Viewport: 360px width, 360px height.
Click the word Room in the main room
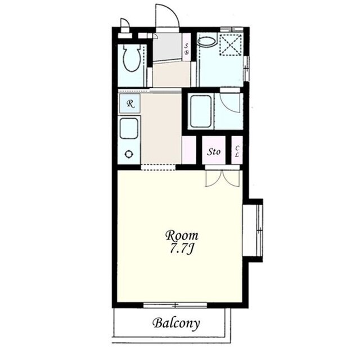[182, 236]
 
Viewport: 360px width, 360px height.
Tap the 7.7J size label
[181, 249]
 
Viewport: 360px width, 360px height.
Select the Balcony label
[176, 323]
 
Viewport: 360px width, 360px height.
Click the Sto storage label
[214, 151]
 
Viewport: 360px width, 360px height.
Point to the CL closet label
[237, 151]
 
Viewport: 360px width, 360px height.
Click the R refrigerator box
[130, 103]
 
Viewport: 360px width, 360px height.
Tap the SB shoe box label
[186, 49]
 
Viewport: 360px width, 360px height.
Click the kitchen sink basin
[129, 129]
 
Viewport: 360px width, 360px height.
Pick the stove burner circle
[129, 154]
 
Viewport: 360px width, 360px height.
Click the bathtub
[201, 111]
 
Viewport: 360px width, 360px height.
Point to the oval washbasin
[207, 42]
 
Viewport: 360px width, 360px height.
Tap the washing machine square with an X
[231, 44]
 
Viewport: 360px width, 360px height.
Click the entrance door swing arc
[173, 11]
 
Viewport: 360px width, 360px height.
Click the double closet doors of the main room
[223, 178]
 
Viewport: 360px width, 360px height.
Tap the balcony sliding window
[175, 305]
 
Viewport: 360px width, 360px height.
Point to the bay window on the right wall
[260, 230]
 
